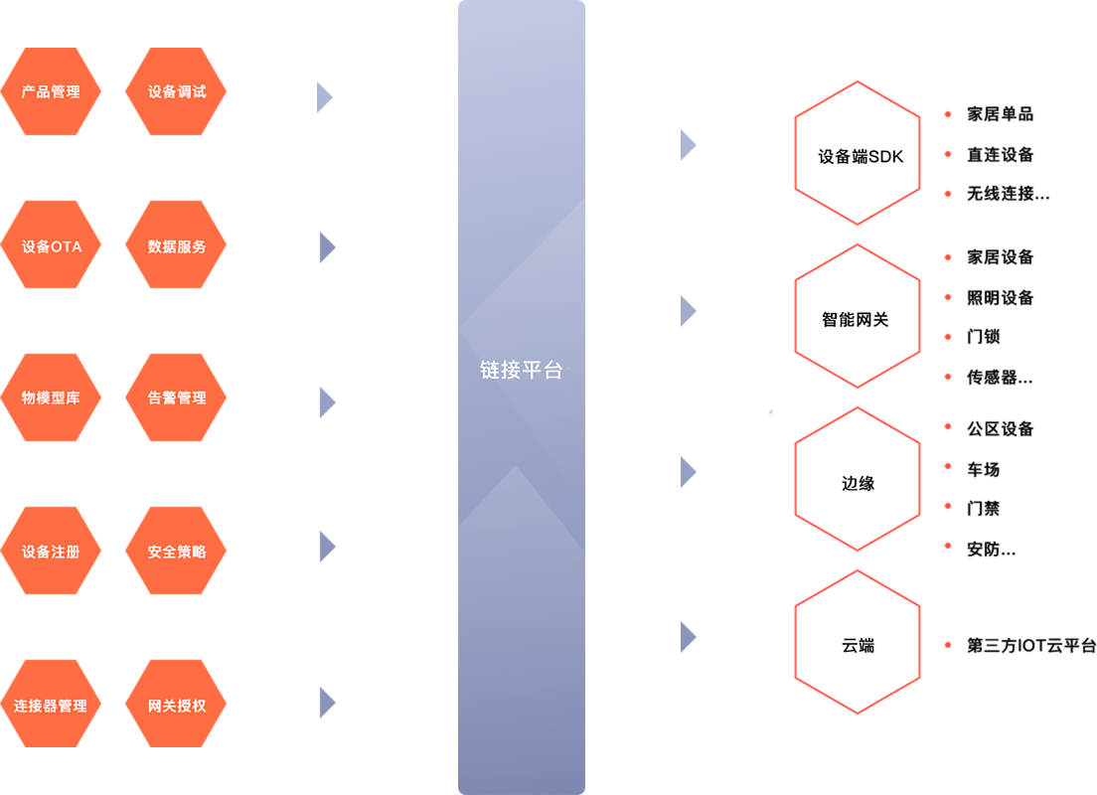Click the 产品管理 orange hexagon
click(51, 92)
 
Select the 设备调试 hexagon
click(176, 92)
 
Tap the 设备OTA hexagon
click(51, 246)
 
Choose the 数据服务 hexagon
click(176, 246)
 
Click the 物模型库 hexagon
click(51, 397)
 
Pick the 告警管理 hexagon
click(176, 397)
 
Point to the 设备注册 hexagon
click(51, 552)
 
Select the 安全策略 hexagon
click(176, 552)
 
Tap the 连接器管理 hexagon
click(51, 706)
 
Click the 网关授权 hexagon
click(176, 706)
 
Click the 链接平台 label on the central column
click(521, 371)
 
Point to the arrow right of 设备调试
click(324, 97)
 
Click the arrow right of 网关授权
click(326, 702)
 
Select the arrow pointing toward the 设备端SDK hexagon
click(688, 145)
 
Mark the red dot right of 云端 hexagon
click(948, 645)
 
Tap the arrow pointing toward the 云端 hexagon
click(688, 637)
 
